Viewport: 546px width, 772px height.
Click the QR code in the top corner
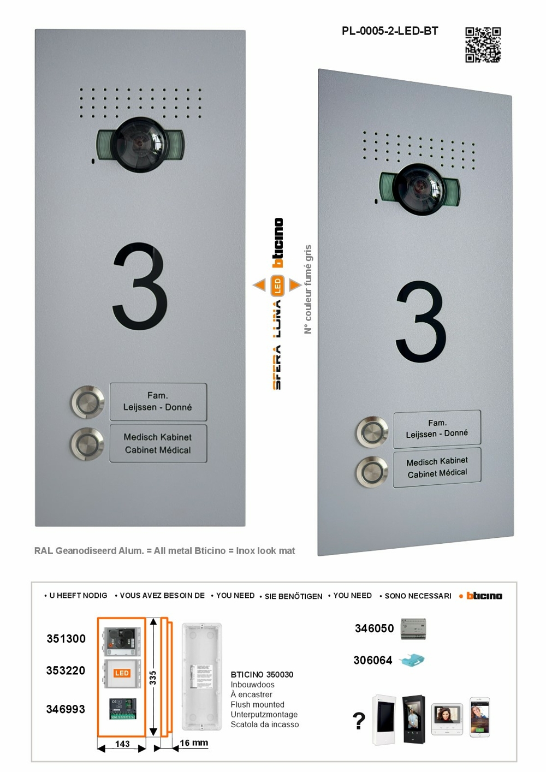483,45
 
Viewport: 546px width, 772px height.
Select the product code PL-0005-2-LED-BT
390,31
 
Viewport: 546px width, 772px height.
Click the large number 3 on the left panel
140,287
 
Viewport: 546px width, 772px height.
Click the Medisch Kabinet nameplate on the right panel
437,467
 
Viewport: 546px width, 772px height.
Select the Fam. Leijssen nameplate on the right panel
437,429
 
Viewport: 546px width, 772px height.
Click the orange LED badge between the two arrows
277,285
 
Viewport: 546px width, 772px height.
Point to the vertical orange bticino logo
278,243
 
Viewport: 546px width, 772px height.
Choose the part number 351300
66,639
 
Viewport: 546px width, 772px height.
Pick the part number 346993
66,709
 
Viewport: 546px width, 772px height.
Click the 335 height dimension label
153,678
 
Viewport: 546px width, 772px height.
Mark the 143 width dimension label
122,744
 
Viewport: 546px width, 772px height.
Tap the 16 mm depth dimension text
194,743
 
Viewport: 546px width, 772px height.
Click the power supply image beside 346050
413,629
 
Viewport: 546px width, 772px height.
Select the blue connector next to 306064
412,661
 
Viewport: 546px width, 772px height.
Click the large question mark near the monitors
359,721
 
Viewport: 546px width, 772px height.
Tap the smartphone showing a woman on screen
480,717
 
